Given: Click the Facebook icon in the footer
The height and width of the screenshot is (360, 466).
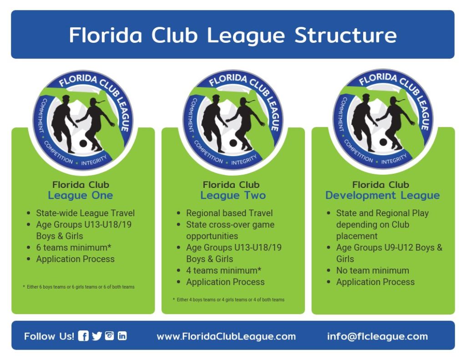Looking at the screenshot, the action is [x=83, y=336].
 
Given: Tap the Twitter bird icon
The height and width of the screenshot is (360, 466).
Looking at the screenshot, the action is [x=97, y=336].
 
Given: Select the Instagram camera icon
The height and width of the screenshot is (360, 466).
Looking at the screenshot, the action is [x=109, y=335].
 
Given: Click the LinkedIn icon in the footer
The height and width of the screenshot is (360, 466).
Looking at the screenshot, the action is [x=122, y=335].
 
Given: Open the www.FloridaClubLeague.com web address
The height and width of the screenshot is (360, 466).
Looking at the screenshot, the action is [x=226, y=336].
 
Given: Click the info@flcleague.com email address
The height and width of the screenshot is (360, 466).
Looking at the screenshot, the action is [x=377, y=336].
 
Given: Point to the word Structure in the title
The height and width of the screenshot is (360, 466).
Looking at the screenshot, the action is [x=346, y=35].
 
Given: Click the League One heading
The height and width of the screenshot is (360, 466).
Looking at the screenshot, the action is [x=81, y=195].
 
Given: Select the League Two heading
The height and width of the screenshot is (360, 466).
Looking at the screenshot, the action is [x=233, y=195].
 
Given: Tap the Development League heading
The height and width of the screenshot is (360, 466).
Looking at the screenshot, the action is [x=382, y=195].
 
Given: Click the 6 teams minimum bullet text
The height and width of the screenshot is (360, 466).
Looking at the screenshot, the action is [x=74, y=247].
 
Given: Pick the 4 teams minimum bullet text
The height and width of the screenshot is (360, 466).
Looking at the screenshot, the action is [x=224, y=270].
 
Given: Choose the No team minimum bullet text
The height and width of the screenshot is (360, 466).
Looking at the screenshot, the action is [x=373, y=270].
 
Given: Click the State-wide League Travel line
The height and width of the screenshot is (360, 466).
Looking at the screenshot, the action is [x=85, y=213].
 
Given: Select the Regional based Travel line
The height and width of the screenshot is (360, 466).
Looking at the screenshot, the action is [x=229, y=213].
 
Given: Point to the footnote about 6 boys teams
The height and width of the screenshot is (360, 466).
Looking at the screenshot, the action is [x=79, y=287].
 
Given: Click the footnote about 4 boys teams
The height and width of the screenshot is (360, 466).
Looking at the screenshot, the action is [x=228, y=299].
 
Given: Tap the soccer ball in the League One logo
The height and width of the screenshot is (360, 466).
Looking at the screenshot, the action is [x=83, y=143].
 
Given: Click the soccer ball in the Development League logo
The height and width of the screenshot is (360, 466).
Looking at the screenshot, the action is [x=383, y=142].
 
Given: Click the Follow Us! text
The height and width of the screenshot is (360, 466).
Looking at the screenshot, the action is [x=49, y=336].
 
